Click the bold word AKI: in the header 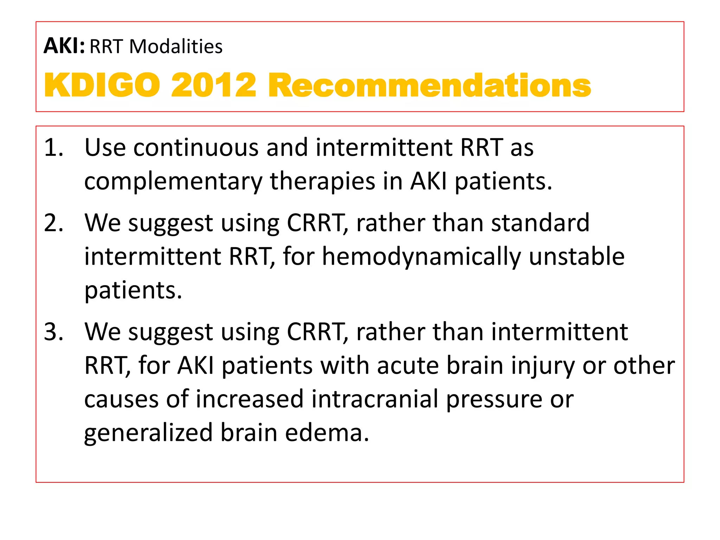pyautogui.click(x=64, y=46)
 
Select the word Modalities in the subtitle pyautogui.click(x=176, y=47)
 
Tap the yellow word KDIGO pyautogui.click(x=102, y=85)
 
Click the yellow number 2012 pyautogui.click(x=213, y=85)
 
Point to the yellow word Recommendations pyautogui.click(x=429, y=85)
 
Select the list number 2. pyautogui.click(x=53, y=223)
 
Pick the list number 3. pyautogui.click(x=53, y=332)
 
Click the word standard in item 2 pyautogui.click(x=540, y=223)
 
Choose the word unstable pyautogui.click(x=577, y=257)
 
